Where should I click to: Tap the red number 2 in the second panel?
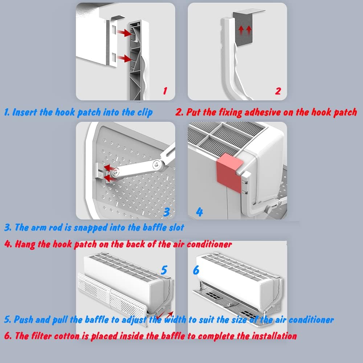click(278, 90)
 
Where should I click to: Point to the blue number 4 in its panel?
click(199, 212)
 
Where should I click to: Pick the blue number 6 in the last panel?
click(196, 270)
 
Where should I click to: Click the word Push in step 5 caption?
click(24, 320)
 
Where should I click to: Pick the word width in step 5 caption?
click(175, 320)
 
